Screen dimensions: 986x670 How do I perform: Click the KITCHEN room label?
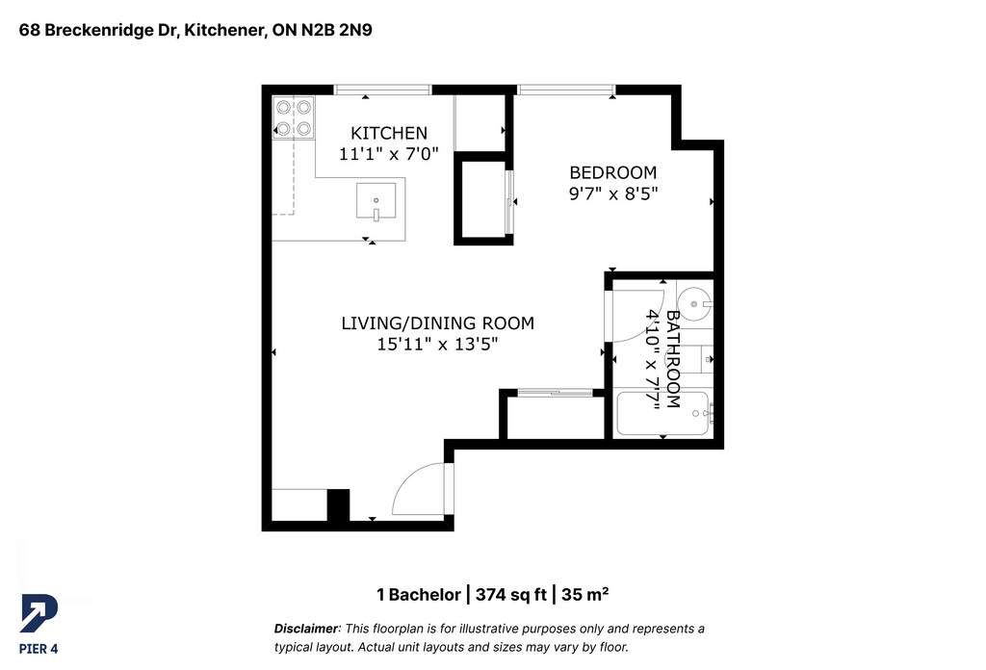tap(389, 133)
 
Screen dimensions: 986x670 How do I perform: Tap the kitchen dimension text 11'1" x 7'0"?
tap(389, 154)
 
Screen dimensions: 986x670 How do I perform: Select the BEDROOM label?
tap(612, 173)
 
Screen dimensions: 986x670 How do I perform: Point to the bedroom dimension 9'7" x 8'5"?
tap(613, 193)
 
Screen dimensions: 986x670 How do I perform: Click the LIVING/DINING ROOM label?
tap(438, 323)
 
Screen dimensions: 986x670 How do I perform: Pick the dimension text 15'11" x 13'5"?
tap(438, 345)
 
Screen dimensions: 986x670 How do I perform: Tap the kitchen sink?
tap(376, 200)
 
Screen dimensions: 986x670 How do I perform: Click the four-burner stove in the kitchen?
tap(294, 117)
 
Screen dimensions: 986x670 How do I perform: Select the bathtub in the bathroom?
tap(663, 414)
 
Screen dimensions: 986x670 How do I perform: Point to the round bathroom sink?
tap(695, 303)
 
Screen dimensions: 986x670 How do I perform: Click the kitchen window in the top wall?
tap(382, 90)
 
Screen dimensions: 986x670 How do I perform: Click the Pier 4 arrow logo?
tap(39, 613)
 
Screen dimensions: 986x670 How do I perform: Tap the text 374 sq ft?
tap(510, 595)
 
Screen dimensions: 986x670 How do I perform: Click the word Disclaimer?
tap(306, 629)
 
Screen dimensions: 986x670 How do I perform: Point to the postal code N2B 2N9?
tap(336, 30)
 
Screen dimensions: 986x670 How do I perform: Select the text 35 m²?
tap(584, 595)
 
